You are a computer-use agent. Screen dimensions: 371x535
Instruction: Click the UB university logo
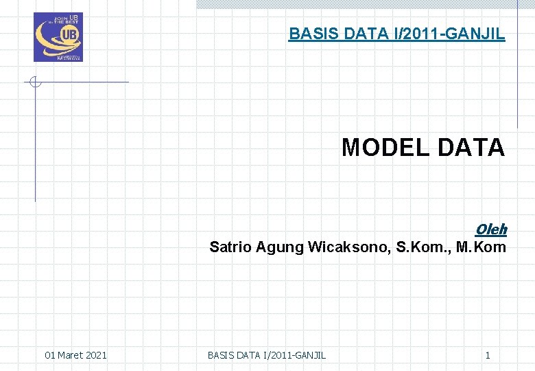click(x=58, y=37)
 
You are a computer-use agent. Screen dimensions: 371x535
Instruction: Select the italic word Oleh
click(x=490, y=229)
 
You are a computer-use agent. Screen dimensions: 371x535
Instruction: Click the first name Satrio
click(x=230, y=247)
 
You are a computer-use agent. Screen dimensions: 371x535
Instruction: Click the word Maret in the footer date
click(x=72, y=355)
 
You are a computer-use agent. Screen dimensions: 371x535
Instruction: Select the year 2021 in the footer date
click(x=97, y=355)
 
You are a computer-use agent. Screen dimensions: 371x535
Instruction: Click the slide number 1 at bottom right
click(x=488, y=355)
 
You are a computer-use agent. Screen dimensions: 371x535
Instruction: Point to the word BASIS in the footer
click(x=220, y=355)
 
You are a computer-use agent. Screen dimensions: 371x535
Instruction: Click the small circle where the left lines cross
click(x=36, y=82)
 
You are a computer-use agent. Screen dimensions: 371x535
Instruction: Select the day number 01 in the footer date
click(x=50, y=355)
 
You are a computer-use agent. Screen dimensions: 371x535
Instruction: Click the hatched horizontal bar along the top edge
click(x=357, y=3)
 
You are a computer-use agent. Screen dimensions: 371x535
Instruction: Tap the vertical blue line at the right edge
click(x=516, y=65)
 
